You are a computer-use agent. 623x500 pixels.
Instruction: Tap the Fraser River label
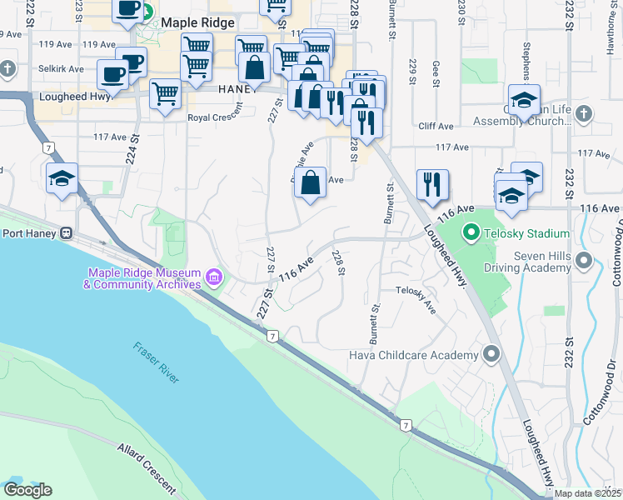pyautogui.click(x=157, y=363)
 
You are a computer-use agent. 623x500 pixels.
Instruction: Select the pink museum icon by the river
pyautogui.click(x=213, y=276)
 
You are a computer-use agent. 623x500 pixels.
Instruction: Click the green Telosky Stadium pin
pyautogui.click(x=471, y=234)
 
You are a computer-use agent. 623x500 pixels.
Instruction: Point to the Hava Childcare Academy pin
pyautogui.click(x=491, y=355)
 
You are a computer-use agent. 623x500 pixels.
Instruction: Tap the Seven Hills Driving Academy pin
pyautogui.click(x=583, y=262)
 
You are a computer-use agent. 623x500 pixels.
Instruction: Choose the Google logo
pyautogui.click(x=27, y=490)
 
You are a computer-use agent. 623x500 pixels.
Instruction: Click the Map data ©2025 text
pyautogui.click(x=587, y=493)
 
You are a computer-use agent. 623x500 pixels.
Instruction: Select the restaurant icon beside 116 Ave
pyautogui.click(x=432, y=185)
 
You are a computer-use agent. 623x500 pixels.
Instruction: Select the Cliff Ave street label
pyautogui.click(x=436, y=127)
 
